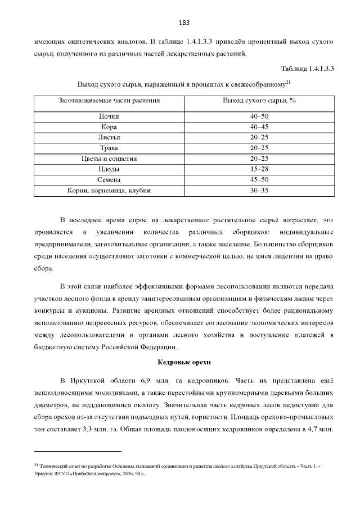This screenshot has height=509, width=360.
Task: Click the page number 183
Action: click(x=184, y=23)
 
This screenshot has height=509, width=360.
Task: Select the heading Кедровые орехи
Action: click(x=184, y=362)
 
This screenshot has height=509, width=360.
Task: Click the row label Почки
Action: click(x=109, y=116)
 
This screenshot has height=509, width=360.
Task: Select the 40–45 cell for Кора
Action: click(x=259, y=127)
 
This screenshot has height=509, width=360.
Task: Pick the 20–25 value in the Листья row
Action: click(x=259, y=137)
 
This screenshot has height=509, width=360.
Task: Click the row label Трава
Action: click(x=109, y=148)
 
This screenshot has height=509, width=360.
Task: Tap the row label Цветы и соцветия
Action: click(x=109, y=159)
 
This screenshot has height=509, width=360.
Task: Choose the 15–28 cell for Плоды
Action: click(x=259, y=169)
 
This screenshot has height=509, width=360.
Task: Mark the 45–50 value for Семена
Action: click(x=259, y=180)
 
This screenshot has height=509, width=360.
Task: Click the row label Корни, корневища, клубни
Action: click(x=109, y=191)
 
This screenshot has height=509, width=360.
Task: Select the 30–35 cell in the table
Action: click(x=259, y=191)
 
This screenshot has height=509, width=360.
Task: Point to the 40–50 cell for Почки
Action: click(x=259, y=116)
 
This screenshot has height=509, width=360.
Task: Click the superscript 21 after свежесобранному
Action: click(x=287, y=82)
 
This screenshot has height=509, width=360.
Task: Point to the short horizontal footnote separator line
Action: click(x=78, y=451)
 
